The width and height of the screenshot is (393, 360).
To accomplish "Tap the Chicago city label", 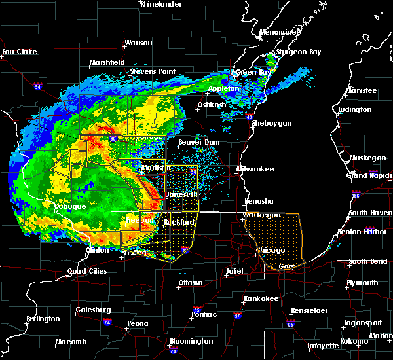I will [271, 251].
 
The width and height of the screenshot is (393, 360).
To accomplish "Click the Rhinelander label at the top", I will [161, 4].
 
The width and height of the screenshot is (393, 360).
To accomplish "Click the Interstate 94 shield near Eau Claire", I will [37, 86].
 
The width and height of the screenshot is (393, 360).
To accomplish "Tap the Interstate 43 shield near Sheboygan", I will [250, 117].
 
